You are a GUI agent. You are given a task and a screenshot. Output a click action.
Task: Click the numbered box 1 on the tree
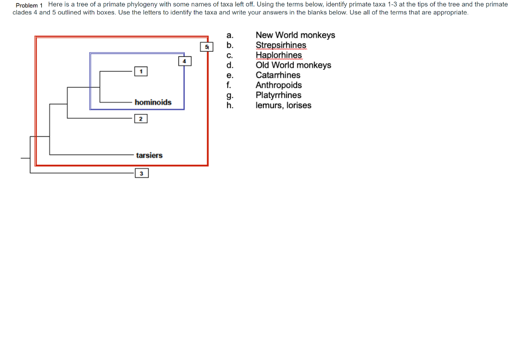pyautogui.click(x=141, y=72)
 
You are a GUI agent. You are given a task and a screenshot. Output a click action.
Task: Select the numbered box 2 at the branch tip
pyautogui.click(x=141, y=119)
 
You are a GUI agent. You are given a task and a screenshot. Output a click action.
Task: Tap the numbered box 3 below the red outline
pyautogui.click(x=141, y=173)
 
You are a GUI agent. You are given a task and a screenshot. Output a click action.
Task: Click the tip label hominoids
pyautogui.click(x=153, y=102)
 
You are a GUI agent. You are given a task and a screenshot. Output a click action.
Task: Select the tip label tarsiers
pyautogui.click(x=149, y=155)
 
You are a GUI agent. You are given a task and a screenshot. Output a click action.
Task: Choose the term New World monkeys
pyautogui.click(x=295, y=35)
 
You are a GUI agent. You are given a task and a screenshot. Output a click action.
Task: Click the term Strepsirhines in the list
pyautogui.click(x=281, y=45)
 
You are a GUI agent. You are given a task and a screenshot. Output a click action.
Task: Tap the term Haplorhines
pyautogui.click(x=278, y=55)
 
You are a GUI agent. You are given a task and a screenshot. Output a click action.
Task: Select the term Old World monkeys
pyautogui.click(x=293, y=65)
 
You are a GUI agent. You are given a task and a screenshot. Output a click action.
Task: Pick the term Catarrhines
pyautogui.click(x=278, y=75)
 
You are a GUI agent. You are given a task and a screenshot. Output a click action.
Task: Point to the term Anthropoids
pyautogui.click(x=278, y=85)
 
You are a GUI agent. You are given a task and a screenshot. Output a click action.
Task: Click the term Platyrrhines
pyautogui.click(x=278, y=95)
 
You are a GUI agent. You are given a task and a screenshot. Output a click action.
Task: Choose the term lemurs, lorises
pyautogui.click(x=283, y=105)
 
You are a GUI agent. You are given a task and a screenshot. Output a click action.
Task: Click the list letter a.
pyautogui.click(x=229, y=35)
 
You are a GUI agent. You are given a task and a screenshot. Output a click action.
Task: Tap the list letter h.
pyautogui.click(x=229, y=105)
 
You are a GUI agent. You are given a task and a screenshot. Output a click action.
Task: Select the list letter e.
pyautogui.click(x=229, y=75)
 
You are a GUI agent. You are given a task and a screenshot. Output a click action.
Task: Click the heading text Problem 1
pyautogui.click(x=29, y=5)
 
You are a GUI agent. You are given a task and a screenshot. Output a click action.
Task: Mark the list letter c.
pyautogui.click(x=229, y=55)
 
